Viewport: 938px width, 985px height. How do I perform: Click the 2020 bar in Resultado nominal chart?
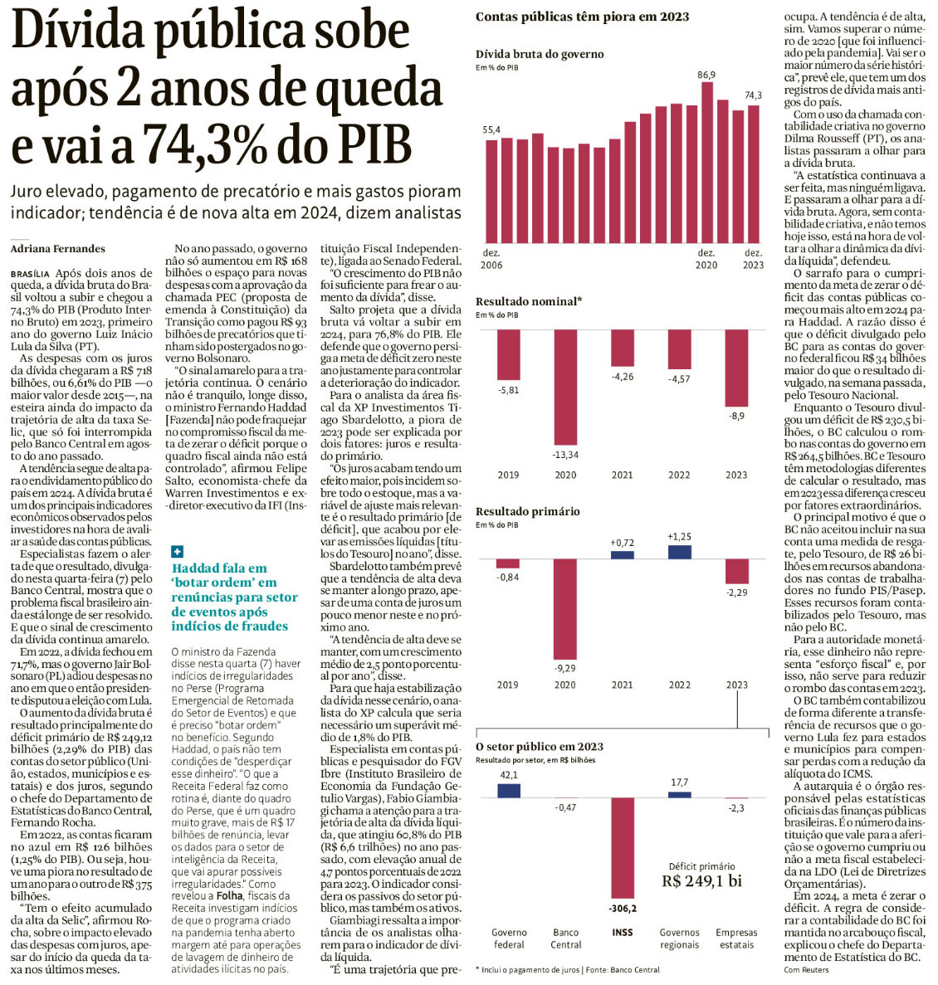click(565, 387)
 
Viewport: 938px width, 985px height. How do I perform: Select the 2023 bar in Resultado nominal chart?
click(736, 367)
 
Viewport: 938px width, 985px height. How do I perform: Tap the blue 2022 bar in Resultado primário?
click(679, 552)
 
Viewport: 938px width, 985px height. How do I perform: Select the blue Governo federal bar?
click(509, 790)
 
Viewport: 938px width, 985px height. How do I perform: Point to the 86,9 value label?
click(706, 76)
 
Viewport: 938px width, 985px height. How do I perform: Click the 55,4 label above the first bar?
click(491, 130)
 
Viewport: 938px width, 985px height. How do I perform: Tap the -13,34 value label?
click(565, 455)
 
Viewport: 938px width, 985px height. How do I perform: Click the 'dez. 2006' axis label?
click(491, 258)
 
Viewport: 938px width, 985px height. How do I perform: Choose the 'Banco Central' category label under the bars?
click(566, 939)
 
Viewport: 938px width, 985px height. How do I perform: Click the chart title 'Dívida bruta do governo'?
click(540, 54)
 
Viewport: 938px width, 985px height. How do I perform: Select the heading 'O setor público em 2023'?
click(540, 746)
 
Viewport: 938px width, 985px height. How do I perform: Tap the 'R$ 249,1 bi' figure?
click(701, 881)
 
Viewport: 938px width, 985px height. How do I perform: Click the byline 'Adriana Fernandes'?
click(58, 247)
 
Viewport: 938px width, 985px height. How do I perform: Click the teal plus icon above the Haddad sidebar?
click(177, 551)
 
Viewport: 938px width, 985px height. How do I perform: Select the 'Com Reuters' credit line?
click(807, 969)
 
